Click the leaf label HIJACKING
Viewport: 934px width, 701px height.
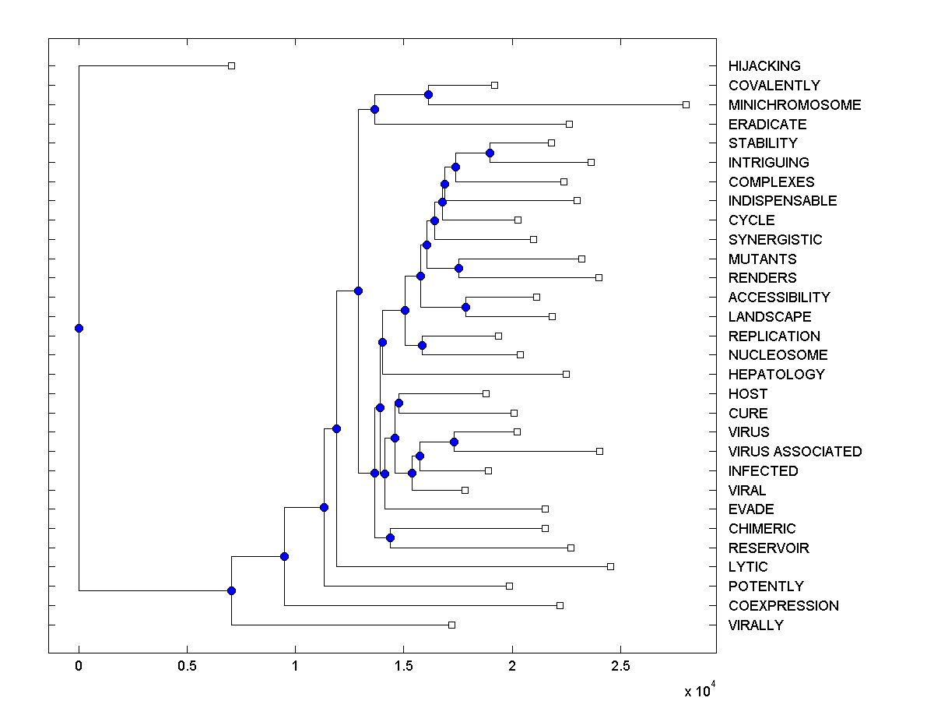[764, 66]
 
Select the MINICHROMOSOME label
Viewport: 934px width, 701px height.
[795, 105]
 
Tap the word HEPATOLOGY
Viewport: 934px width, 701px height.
[776, 375]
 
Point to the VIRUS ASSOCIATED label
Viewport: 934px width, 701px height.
[795, 452]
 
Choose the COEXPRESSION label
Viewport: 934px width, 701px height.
[783, 606]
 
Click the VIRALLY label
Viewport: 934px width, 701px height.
[756, 625]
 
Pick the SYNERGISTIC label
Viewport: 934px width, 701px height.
[775, 240]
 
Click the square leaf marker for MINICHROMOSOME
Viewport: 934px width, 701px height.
[686, 104]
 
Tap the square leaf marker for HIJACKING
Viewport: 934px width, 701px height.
[231, 65]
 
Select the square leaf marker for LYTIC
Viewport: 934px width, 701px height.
[610, 566]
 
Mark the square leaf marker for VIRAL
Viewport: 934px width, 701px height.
[465, 490]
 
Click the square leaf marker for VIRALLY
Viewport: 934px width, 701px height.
[451, 625]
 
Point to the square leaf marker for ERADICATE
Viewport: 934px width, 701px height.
[569, 124]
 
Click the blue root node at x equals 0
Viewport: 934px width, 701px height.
[79, 328]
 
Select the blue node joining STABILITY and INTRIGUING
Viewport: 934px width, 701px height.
[490, 153]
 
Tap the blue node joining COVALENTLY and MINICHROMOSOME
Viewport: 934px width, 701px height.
[428, 95]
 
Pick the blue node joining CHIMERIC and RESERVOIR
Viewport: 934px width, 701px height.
[390, 538]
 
